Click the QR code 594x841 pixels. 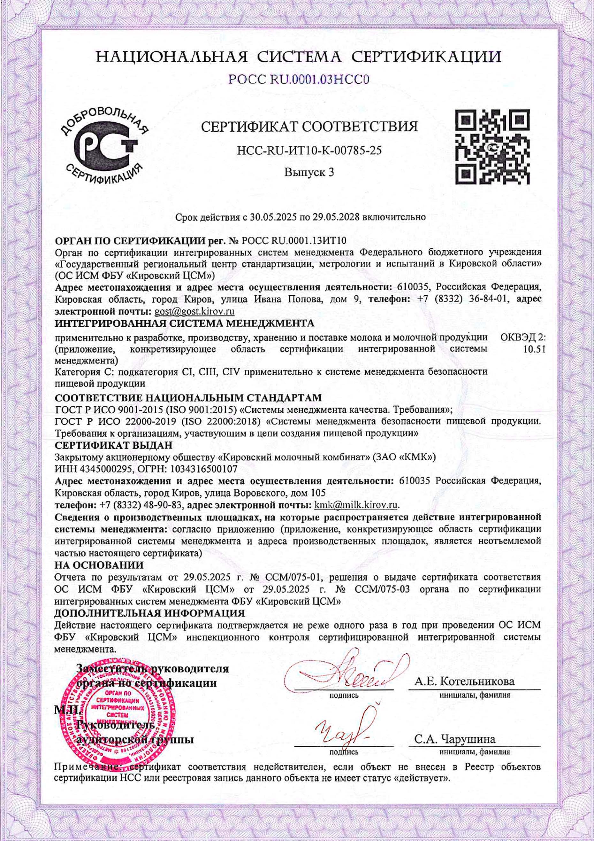[x=492, y=147]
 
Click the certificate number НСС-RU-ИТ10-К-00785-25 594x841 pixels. [x=309, y=150]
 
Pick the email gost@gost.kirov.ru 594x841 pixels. [x=194, y=312]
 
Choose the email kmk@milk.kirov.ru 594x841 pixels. [x=356, y=505]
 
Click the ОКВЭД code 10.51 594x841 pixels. [x=535, y=349]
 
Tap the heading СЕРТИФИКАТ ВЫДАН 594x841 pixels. [x=113, y=445]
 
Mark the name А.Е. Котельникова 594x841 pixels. [x=464, y=682]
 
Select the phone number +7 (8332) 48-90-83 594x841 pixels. [x=141, y=505]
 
